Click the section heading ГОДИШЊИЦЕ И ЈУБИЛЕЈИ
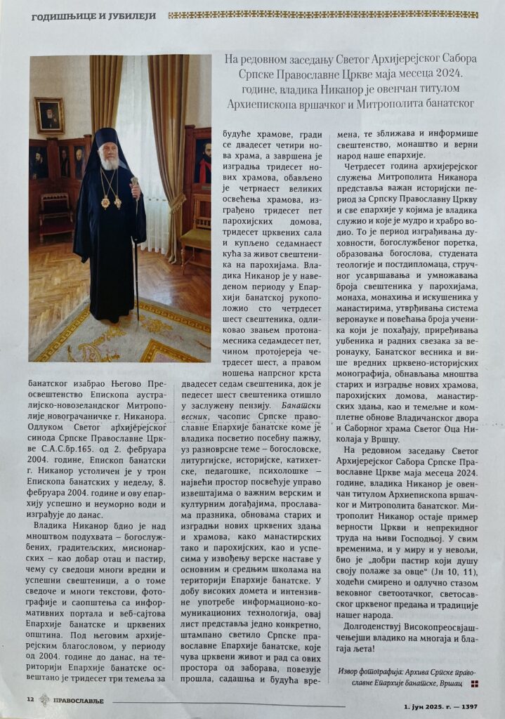(x=92, y=15)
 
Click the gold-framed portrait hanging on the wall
(x=49, y=114)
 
